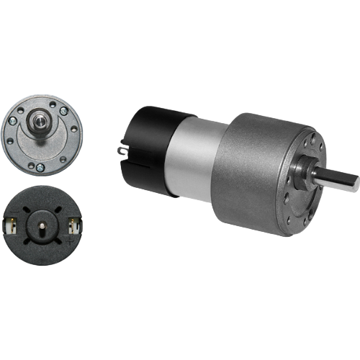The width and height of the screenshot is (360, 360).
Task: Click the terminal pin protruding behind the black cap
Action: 120,149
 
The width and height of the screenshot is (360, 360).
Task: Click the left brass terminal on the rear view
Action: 12,225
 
